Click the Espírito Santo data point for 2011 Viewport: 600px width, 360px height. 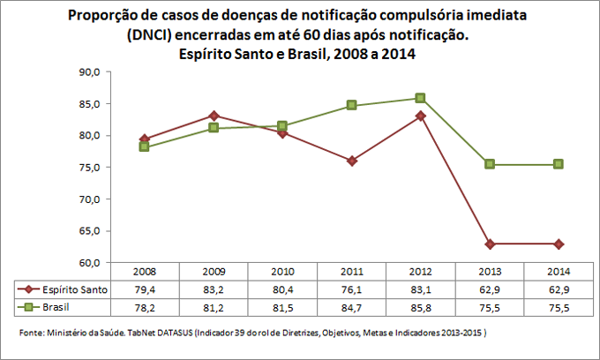click(351, 161)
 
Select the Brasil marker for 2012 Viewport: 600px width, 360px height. click(420, 98)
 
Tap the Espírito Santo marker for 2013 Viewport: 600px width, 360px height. click(489, 244)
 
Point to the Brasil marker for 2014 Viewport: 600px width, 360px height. click(558, 164)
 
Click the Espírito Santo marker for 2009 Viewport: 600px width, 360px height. click(214, 116)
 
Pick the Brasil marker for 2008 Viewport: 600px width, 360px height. click(145, 146)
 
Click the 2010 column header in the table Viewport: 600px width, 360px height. click(282, 272)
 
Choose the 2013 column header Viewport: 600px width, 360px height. click(489, 272)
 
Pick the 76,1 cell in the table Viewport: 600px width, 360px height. click(351, 289)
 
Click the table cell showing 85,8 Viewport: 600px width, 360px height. click(420, 306)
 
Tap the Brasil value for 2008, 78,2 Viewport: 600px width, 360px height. click(145, 306)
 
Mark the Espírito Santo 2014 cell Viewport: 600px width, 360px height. click(558, 289)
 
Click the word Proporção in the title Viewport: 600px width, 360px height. click(99, 17)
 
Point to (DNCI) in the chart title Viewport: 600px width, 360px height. click(151, 35)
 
